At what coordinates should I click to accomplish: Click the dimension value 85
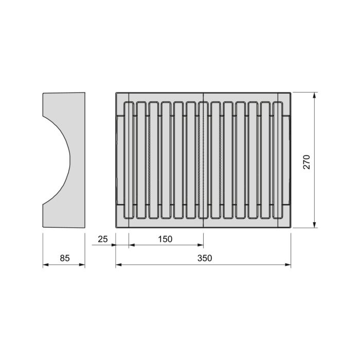[64, 258]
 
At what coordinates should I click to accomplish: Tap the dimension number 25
[103, 239]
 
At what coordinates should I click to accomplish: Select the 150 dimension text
[165, 239]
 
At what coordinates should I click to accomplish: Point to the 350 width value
[204, 258]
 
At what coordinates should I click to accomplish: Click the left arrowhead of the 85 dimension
[45, 265]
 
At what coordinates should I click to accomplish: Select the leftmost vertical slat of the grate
[129, 160]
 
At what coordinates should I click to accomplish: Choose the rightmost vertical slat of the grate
[278, 160]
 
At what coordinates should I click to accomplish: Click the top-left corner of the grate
[116, 93]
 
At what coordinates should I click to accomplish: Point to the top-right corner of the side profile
[84, 93]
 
